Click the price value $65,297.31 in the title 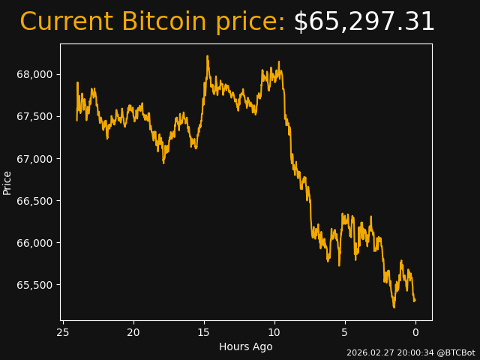[364, 22]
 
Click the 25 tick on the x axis [63, 332]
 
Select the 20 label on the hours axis [133, 332]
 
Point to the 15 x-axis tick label [204, 332]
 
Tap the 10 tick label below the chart [274, 332]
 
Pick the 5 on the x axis [345, 332]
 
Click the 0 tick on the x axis [415, 332]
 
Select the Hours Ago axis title [245, 346]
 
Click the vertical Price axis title [7, 182]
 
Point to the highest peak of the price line [207, 56]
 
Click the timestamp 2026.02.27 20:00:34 [390, 352]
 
